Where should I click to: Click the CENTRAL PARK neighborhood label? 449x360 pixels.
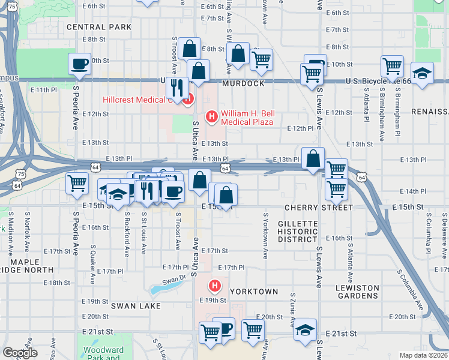coord(99,27)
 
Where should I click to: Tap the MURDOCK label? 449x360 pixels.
coord(243,83)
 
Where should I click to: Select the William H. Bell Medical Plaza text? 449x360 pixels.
coord(247,118)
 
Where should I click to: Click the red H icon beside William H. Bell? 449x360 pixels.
coord(211,115)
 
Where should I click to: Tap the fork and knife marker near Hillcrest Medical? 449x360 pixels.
coord(176,88)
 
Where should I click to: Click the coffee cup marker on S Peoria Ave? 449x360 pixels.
coord(79,64)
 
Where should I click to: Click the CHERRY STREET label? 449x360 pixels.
coord(319,208)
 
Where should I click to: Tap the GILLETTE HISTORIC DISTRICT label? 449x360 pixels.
coord(298,231)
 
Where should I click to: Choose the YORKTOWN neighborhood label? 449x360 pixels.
coord(255,292)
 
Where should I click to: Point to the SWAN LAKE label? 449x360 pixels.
coord(136,306)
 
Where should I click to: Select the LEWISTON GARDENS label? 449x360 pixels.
coord(357,292)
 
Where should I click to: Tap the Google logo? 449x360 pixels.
coord(20,353)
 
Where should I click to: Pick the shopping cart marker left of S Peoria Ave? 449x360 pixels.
coord(77,183)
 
